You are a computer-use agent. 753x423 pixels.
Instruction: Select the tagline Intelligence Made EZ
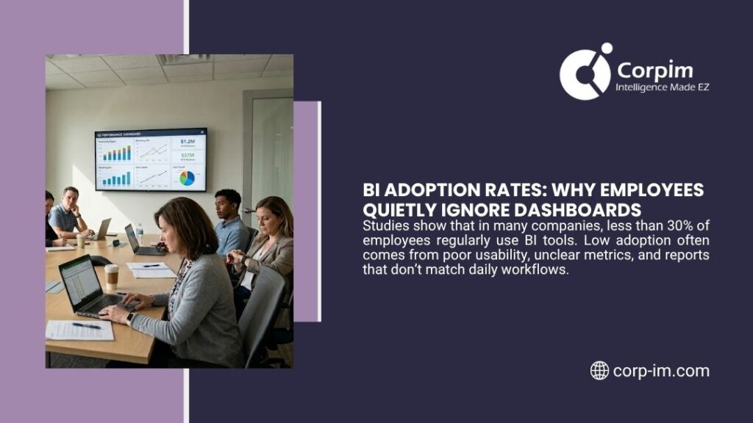(662, 87)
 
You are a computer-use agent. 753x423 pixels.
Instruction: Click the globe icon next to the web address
(599, 371)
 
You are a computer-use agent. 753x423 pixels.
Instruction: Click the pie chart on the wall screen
(187, 178)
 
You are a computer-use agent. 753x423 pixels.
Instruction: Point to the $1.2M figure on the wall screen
(187, 141)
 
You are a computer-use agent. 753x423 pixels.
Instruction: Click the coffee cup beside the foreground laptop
(112, 276)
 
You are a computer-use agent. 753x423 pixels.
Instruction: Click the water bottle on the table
(140, 234)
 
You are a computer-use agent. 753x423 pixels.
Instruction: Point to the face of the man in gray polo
(71, 198)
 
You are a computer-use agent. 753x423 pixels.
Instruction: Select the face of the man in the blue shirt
(228, 204)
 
